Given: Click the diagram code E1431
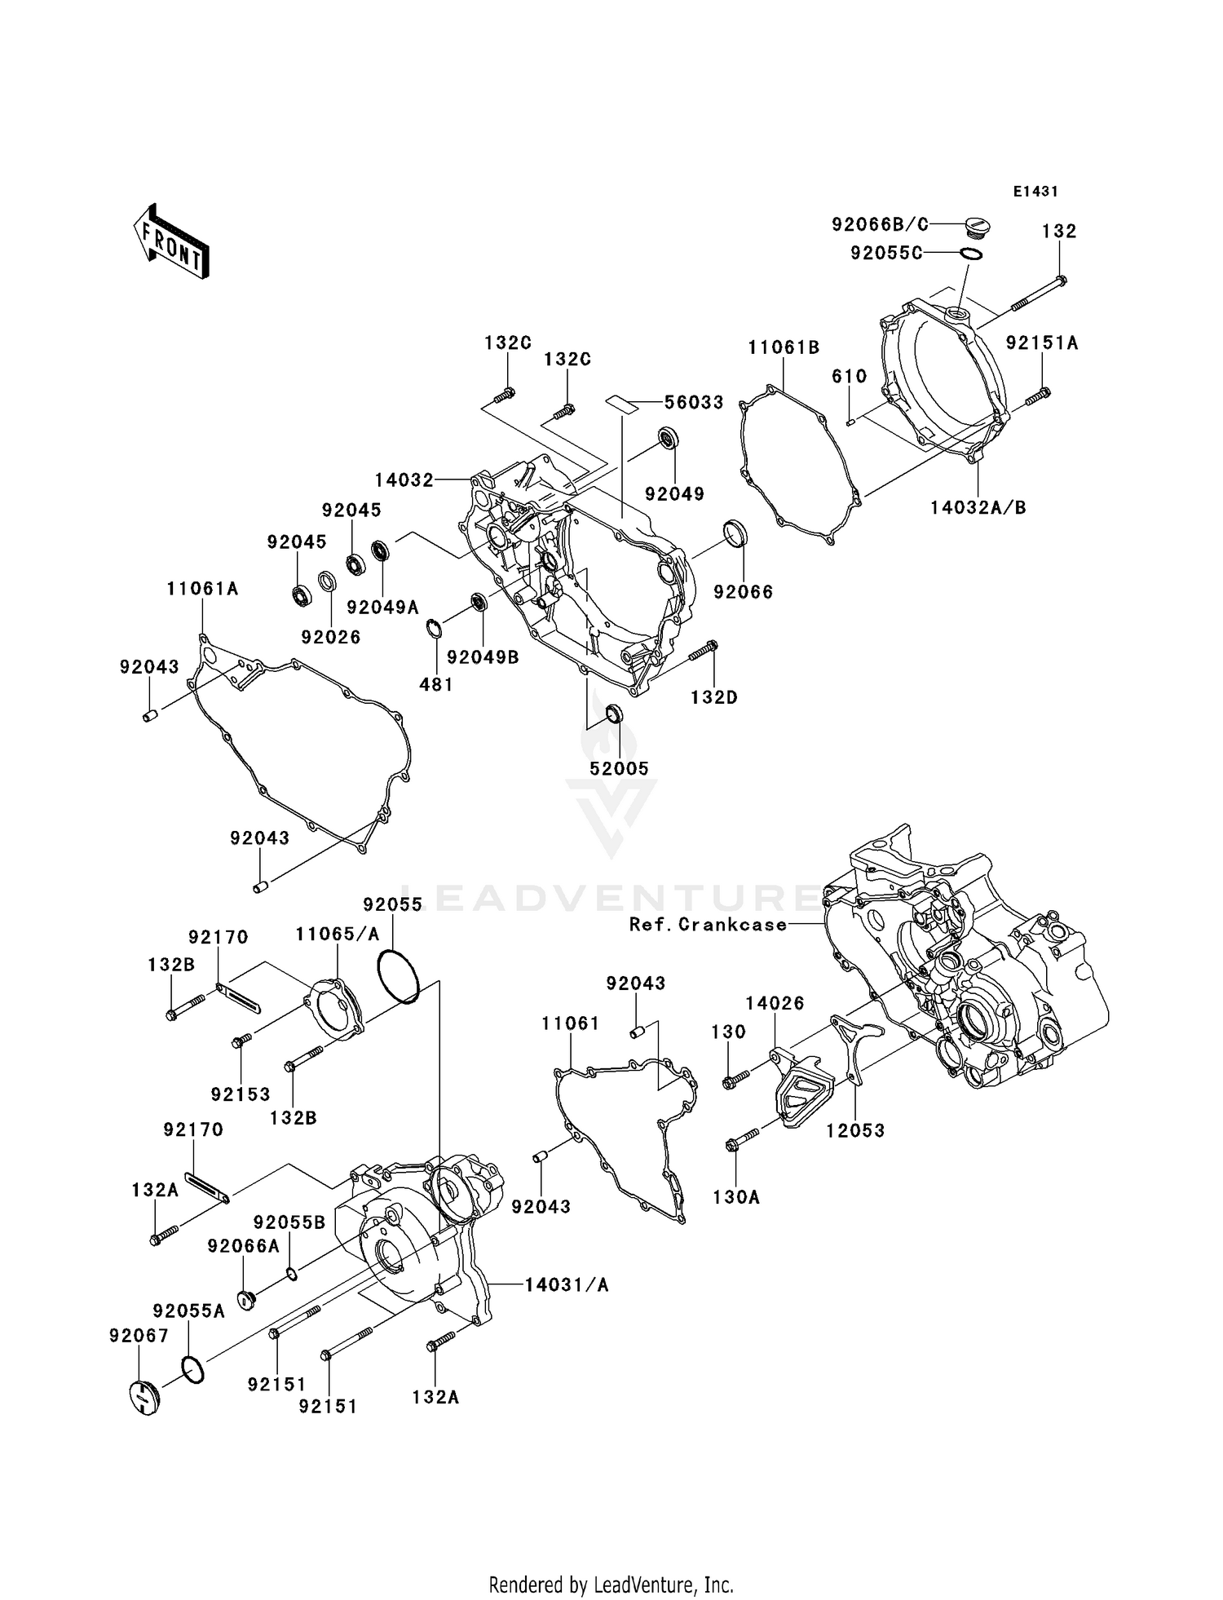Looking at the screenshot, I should pos(1035,192).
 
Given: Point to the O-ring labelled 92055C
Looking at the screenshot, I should pos(969,254).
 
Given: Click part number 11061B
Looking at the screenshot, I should pos(784,348).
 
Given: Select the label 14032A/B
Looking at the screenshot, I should pos(978,507).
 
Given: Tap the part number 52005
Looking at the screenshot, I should pos(620,768).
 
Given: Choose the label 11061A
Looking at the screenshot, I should pos(202,589).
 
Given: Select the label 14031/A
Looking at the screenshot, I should pos(566,1285).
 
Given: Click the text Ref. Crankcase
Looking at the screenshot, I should pos(708,925).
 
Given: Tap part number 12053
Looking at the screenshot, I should pos(854,1130).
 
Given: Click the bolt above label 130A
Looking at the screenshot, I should pos(741,1140).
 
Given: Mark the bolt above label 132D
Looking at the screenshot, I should pos(703,651).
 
